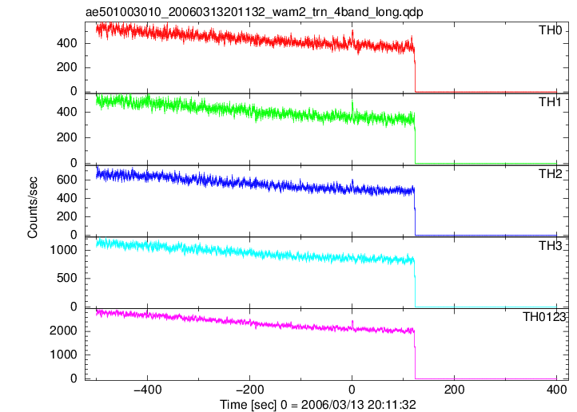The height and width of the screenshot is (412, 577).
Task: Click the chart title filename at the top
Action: coord(254,12)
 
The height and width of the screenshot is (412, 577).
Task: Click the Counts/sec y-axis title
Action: coord(33,208)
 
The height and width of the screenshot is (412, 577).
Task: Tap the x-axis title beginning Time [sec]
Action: coord(318,405)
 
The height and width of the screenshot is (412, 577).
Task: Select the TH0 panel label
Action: coord(551,30)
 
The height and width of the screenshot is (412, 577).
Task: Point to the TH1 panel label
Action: coord(551,102)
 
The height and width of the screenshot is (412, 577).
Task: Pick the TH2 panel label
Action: coord(551,173)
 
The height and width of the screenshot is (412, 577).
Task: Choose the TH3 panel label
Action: coord(551,245)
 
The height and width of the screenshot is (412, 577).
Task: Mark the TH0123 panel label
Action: coord(544,316)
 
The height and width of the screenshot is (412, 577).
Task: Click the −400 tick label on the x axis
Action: coord(147,390)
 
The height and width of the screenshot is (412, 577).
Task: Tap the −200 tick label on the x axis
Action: coord(249,390)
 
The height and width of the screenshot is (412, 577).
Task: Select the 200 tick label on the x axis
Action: coord(454,390)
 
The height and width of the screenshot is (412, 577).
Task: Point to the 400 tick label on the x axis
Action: coord(556,390)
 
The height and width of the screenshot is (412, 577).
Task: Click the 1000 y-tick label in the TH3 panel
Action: coord(64,250)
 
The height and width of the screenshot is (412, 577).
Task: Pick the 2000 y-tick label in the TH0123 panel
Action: coord(64,331)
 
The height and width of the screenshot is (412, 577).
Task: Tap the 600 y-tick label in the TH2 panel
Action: coord(67,180)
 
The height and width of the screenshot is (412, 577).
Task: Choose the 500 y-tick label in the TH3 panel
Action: coord(67,278)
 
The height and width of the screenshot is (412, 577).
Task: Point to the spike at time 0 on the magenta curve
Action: coord(352,324)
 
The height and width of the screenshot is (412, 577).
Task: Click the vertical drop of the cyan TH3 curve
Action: coord(415,283)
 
